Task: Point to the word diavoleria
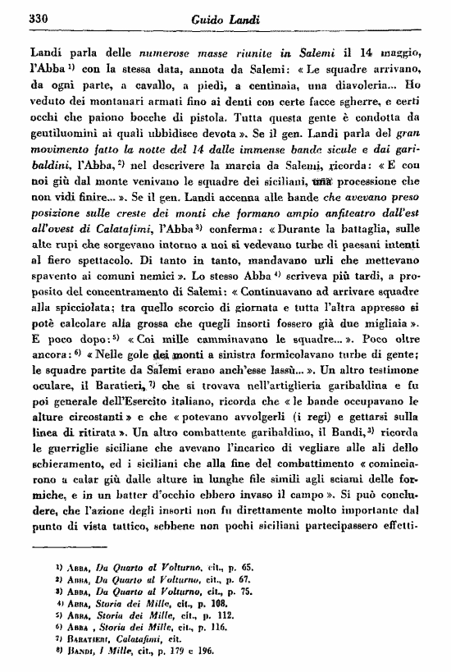(360, 84)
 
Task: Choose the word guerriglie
(70, 533)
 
